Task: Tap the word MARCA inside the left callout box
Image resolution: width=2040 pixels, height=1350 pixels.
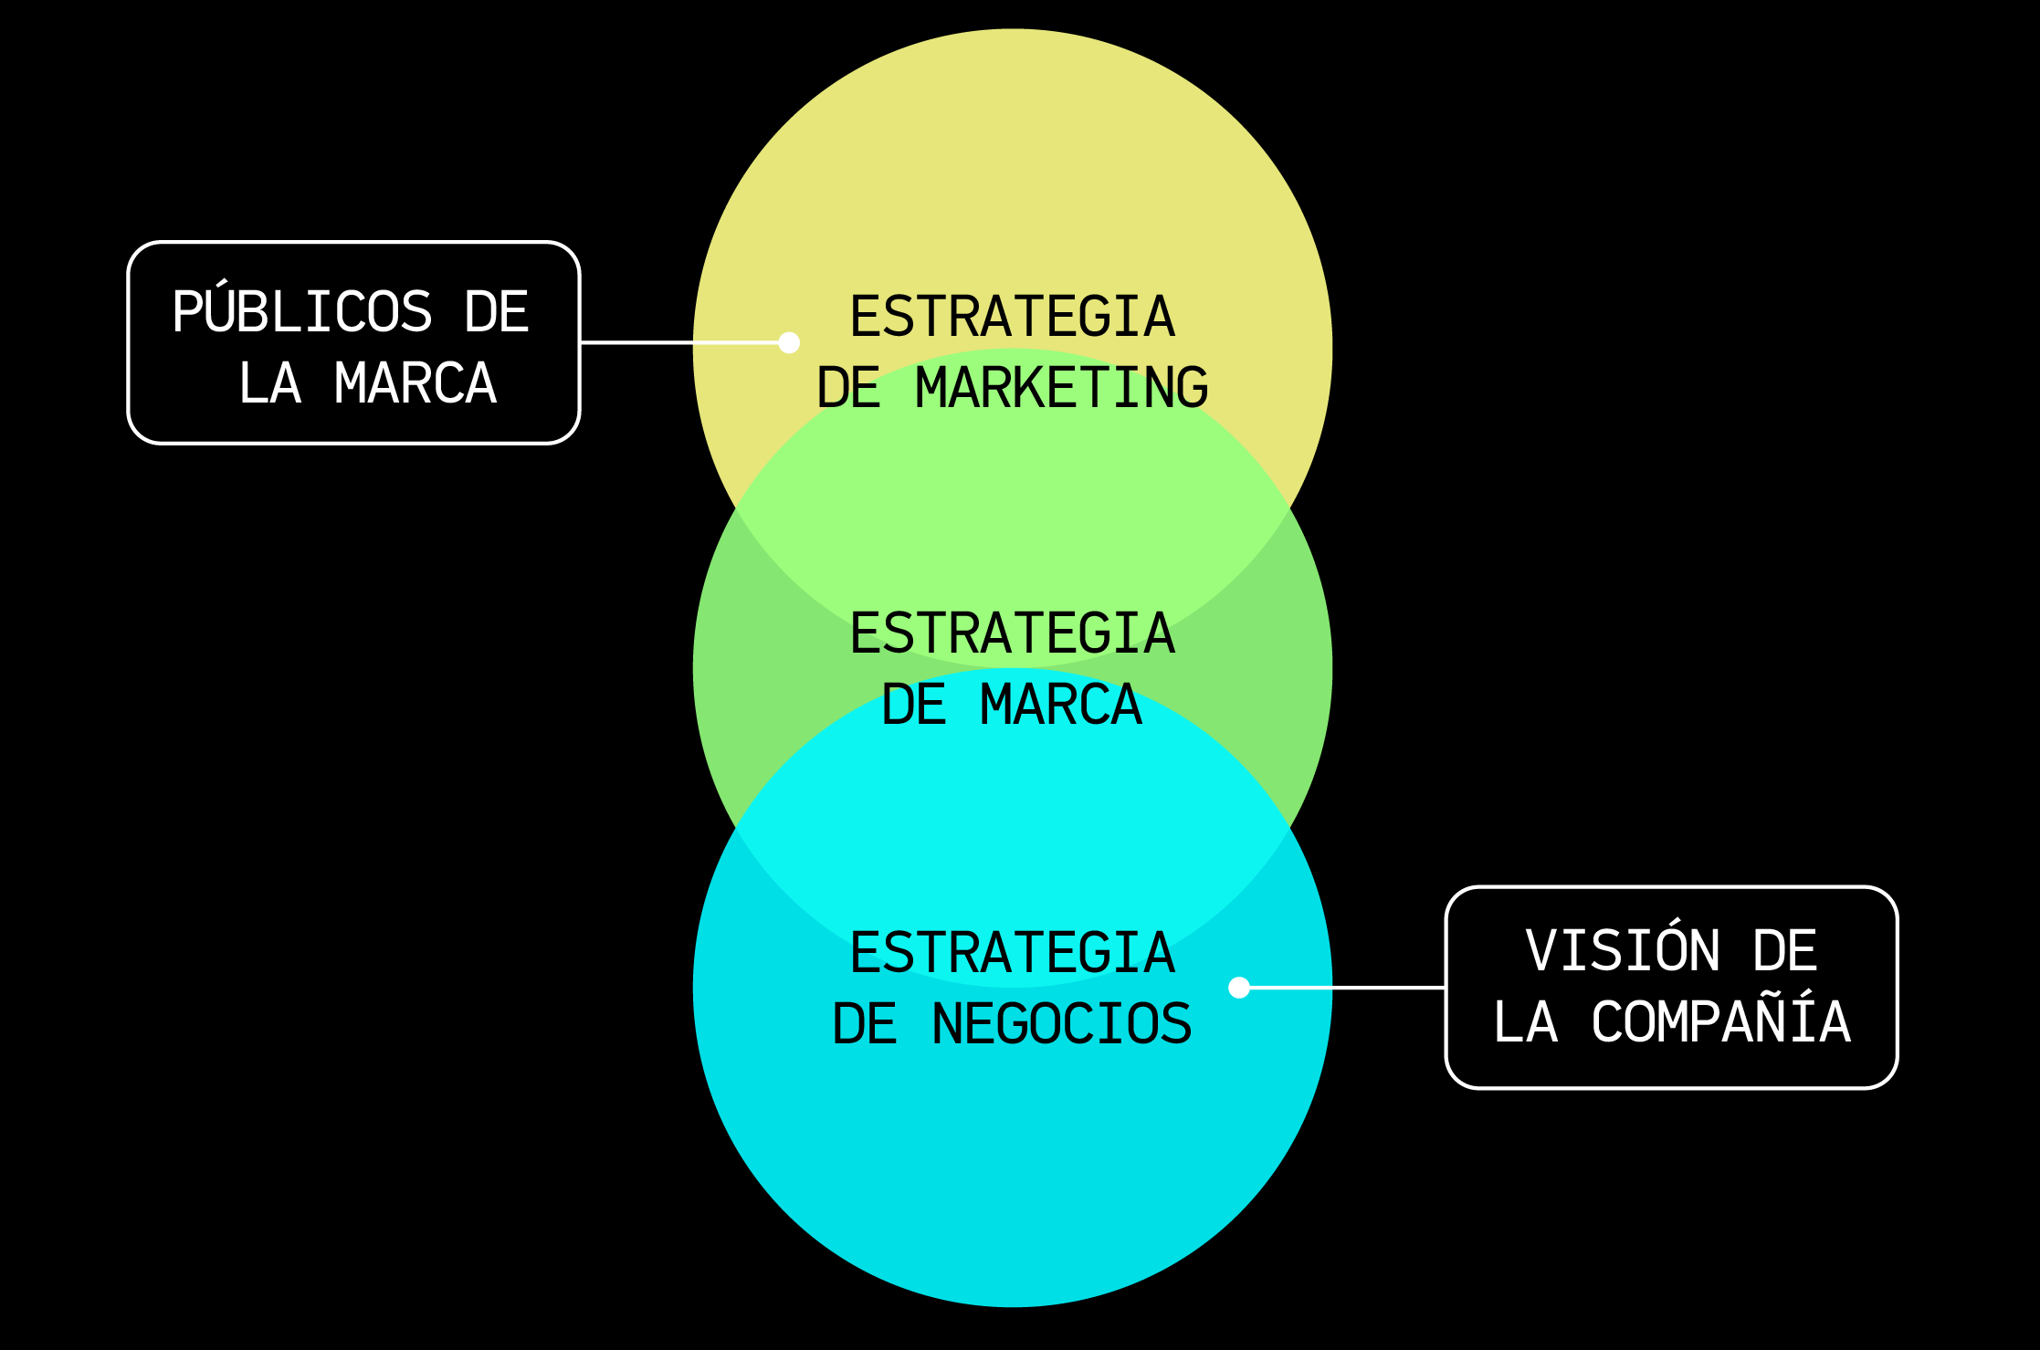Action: pyautogui.click(x=415, y=383)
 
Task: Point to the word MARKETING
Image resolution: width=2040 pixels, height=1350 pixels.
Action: pyautogui.click(x=1062, y=388)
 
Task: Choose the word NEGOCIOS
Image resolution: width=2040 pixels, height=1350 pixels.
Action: pyautogui.click(x=1062, y=1024)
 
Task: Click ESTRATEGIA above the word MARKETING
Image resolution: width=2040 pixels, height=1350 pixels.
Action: pyautogui.click(x=1013, y=317)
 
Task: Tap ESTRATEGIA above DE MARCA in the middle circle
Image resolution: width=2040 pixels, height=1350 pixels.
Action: pyautogui.click(x=1013, y=633)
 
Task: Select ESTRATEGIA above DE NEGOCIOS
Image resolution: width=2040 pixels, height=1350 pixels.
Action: pyautogui.click(x=1013, y=953)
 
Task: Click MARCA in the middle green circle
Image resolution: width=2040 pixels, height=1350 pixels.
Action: pyautogui.click(x=1061, y=705)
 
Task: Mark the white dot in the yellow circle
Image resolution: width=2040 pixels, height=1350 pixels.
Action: pyautogui.click(x=790, y=342)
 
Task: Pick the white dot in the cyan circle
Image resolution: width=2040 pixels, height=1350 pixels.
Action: pyautogui.click(x=1239, y=988)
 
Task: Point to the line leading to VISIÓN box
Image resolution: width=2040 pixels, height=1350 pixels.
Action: pyautogui.click(x=1342, y=988)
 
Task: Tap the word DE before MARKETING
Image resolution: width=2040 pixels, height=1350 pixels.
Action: pyautogui.click(x=848, y=388)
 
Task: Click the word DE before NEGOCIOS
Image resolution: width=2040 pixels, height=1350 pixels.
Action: pyautogui.click(x=865, y=1024)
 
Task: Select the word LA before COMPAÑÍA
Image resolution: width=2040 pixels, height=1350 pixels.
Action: pyautogui.click(x=1525, y=1021)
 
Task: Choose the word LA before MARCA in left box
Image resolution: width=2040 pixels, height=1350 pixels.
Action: pyautogui.click(x=269, y=383)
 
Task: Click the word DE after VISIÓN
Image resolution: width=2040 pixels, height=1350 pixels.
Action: pyautogui.click(x=1785, y=950)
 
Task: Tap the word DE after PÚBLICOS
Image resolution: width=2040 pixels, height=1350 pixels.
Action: pyautogui.click(x=497, y=312)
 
